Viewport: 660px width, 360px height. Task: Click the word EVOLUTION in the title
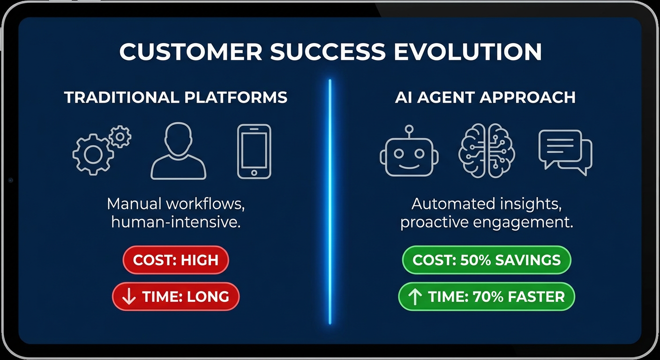[468, 52]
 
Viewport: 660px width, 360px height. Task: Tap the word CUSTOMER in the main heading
[191, 52]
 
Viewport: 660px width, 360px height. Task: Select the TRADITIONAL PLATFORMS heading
[176, 97]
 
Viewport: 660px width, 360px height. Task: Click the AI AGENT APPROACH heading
[485, 97]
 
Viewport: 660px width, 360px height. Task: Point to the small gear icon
[120, 136]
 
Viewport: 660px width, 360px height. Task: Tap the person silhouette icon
[178, 151]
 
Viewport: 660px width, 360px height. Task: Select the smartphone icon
[254, 151]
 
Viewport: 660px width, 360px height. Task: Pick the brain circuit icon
[487, 150]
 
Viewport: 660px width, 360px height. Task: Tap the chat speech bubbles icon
[565, 152]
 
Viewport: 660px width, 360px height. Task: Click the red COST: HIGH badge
[176, 260]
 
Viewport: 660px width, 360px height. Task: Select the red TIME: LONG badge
[176, 296]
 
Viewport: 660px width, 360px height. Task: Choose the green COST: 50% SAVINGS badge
[487, 260]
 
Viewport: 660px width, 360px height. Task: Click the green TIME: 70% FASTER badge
[487, 296]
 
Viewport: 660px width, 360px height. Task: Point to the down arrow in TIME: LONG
[129, 296]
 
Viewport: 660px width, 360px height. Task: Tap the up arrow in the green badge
[415, 296]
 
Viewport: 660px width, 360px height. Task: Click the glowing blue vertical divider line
[330, 202]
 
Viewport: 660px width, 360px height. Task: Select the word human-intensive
[176, 222]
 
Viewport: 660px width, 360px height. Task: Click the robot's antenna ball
[409, 129]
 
